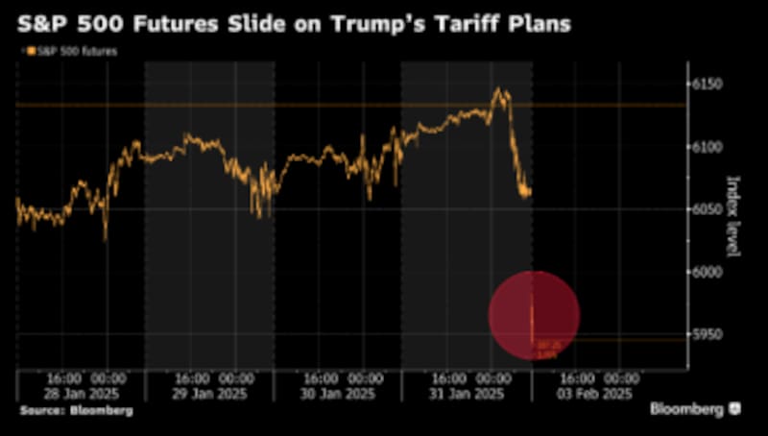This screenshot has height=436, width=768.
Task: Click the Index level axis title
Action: [x=734, y=216]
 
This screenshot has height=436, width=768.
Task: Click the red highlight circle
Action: [x=534, y=315]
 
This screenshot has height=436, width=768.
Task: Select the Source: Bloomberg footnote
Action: [x=76, y=410]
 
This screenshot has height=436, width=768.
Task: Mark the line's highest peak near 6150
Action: [x=497, y=89]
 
